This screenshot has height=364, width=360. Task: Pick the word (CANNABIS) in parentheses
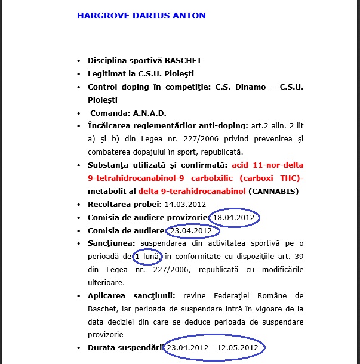(x=273, y=192)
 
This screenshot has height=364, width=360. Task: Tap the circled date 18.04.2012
(x=235, y=218)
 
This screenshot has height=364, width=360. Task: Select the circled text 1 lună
(x=145, y=257)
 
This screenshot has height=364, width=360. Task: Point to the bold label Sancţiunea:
(x=112, y=243)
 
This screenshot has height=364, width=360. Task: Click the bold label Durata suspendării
(x=126, y=347)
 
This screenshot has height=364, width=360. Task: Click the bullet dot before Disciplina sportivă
(x=79, y=61)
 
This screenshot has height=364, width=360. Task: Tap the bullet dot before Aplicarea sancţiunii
(x=79, y=296)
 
